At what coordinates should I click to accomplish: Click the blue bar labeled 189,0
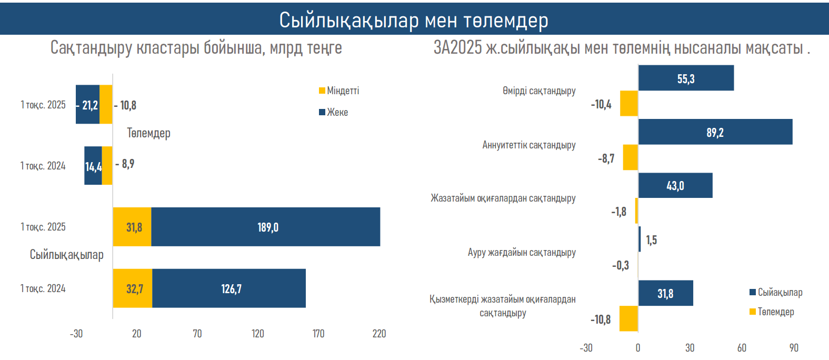266,227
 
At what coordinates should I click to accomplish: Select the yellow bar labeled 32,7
133,288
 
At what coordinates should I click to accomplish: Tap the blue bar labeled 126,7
229,288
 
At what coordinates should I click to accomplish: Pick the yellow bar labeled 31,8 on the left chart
132,227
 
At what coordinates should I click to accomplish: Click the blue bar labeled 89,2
715,132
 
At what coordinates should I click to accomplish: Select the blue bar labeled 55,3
686,78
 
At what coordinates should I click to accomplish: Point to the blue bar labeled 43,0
675,185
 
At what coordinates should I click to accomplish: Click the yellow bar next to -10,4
629,103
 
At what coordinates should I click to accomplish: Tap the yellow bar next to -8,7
631,157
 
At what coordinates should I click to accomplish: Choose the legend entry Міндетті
339,91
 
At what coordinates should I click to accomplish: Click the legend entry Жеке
334,112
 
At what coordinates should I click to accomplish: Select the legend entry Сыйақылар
776,292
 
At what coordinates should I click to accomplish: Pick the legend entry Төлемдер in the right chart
772,312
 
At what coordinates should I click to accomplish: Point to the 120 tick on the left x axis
258,334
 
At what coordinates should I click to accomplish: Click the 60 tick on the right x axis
742,348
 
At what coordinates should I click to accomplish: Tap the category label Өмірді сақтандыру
539,91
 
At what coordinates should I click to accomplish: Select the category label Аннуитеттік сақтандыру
529,145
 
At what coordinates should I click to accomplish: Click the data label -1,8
619,212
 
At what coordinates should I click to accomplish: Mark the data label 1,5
652,240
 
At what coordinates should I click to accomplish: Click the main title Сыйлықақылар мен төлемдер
414,20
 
